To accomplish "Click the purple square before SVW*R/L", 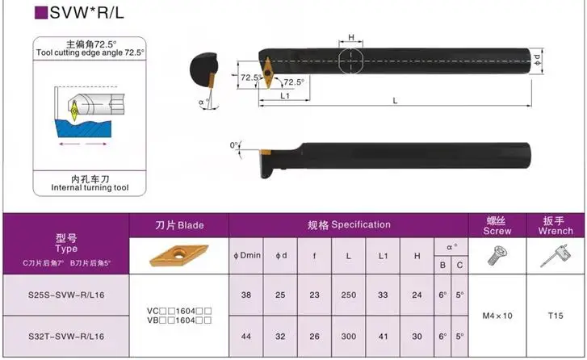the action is coord(41,12).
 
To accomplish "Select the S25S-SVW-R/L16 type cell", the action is coord(66,295).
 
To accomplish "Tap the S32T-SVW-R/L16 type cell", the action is coord(66,337).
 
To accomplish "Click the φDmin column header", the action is coord(246,256).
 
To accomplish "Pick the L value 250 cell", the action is coord(349,295).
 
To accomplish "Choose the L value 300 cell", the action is coord(349,337).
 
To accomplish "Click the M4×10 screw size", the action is coord(497,316).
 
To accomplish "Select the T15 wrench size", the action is coord(556,316).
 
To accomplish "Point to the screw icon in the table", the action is coord(496,256).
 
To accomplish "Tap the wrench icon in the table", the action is coord(556,256).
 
